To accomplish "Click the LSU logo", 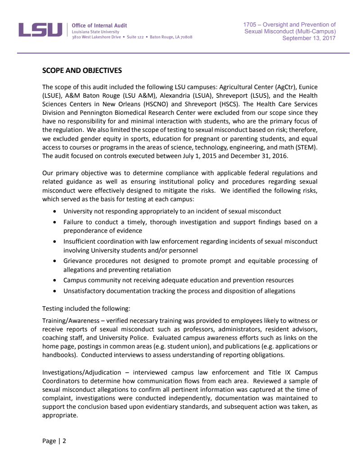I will point(40,30).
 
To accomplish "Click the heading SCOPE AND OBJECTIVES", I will point(81,71).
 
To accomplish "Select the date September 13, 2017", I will point(309,38).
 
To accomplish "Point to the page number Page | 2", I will point(54,441).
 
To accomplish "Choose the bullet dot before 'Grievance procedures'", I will point(55,261).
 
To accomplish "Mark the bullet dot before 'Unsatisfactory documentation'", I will point(55,291).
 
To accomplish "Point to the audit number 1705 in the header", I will point(250,24).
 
